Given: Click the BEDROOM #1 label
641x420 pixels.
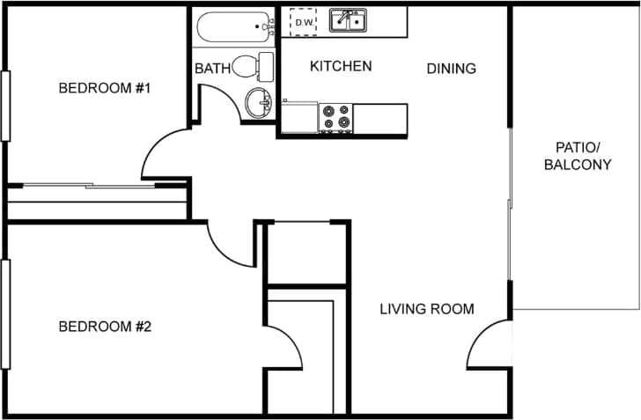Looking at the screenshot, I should [106, 88].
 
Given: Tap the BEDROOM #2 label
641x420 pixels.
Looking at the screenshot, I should [106, 327].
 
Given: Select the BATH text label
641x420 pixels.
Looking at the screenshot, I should [212, 68].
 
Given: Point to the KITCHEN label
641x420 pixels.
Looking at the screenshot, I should [341, 66].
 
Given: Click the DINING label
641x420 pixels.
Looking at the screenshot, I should [451, 68].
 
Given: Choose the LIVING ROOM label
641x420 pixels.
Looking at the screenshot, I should [427, 309].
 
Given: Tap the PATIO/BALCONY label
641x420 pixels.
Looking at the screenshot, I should [577, 155].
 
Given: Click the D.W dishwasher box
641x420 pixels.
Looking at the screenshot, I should [304, 22].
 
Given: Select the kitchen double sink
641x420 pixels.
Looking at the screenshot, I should [350, 20].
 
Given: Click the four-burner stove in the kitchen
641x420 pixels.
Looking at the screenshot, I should [335, 117].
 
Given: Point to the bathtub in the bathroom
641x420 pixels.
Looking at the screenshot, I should [234, 27].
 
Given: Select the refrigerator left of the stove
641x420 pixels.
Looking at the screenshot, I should [300, 117].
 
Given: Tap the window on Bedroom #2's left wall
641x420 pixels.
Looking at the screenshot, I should [4, 313].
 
